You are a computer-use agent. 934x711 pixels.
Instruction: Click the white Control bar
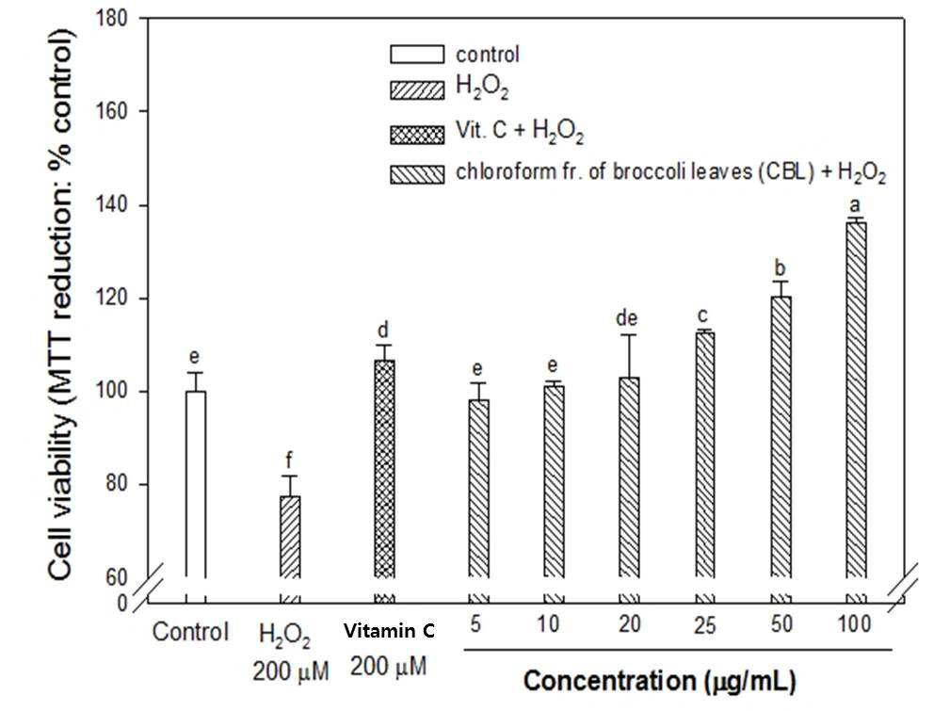[196, 484]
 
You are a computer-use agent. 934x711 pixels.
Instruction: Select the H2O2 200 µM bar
[290, 537]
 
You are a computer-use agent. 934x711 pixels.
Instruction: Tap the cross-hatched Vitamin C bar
[384, 468]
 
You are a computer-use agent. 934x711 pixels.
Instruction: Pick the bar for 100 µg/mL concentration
[856, 399]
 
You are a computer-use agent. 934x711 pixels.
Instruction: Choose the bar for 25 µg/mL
[704, 455]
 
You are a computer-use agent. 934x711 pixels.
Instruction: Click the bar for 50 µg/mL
[781, 437]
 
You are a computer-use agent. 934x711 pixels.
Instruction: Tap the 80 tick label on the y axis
[117, 484]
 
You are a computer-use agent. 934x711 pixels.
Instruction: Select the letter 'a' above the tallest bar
[856, 206]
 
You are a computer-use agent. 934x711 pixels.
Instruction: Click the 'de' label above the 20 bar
[627, 319]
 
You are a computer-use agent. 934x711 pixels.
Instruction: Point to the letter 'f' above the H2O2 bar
[289, 461]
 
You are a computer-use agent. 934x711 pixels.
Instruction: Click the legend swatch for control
[417, 55]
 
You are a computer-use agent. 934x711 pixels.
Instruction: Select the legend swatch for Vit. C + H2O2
[417, 134]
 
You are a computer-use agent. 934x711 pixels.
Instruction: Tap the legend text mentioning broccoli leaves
[670, 173]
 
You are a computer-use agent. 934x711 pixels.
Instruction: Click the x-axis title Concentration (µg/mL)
[659, 681]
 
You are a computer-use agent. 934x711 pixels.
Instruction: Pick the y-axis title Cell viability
[61, 304]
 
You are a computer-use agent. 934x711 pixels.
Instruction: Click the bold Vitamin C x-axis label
[390, 631]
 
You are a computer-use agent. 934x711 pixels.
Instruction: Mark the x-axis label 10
[548, 624]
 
